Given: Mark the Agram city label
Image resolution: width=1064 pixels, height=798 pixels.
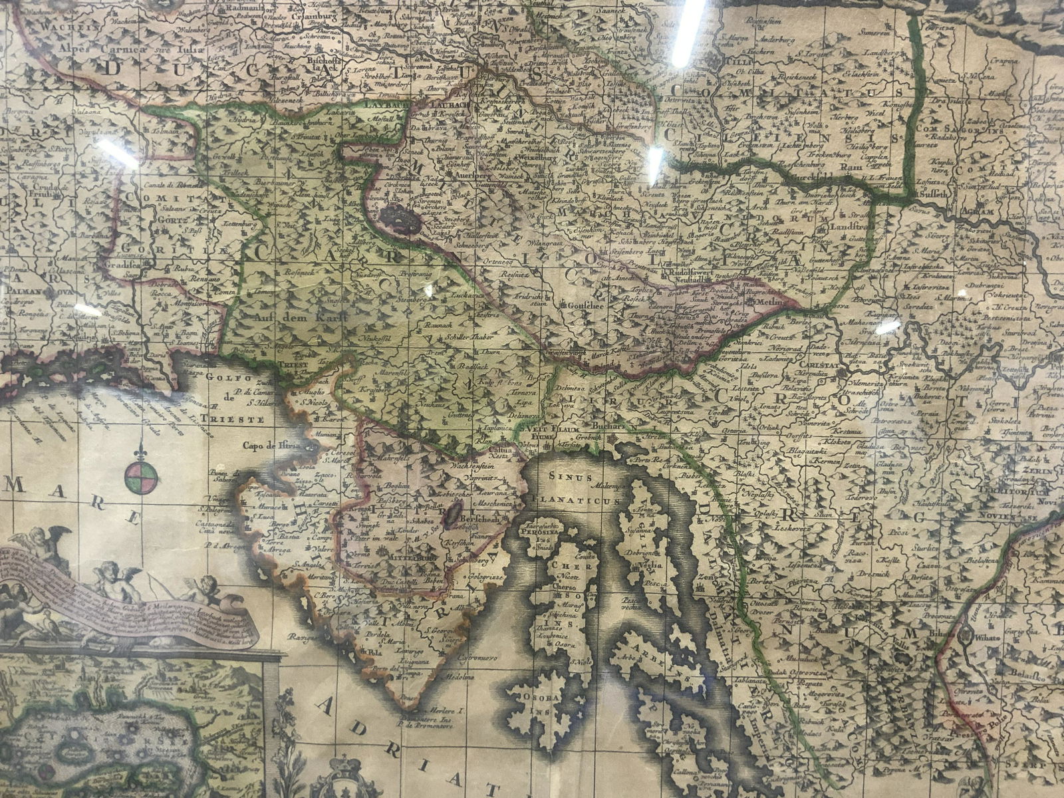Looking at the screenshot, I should tap(975, 212).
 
